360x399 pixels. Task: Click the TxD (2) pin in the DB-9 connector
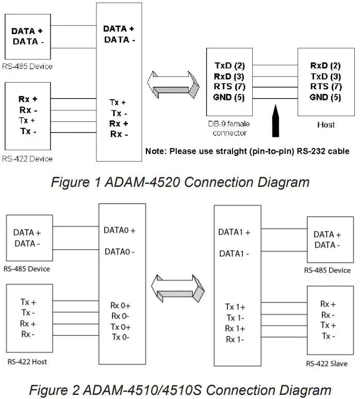coord(230,66)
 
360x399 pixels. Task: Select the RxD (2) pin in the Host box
coord(325,66)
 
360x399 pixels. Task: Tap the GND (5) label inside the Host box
coord(325,97)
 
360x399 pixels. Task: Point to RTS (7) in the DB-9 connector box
coord(230,87)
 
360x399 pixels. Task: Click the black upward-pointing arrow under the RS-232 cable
coord(276,122)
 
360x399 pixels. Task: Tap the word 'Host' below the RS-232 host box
coord(325,124)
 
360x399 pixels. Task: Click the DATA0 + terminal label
coord(119,231)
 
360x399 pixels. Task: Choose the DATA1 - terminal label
coord(235,253)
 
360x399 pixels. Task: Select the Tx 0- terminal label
coord(120,337)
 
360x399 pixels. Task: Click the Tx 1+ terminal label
coord(235,306)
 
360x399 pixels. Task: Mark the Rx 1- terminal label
coord(235,339)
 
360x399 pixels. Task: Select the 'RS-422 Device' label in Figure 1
coord(27,158)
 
